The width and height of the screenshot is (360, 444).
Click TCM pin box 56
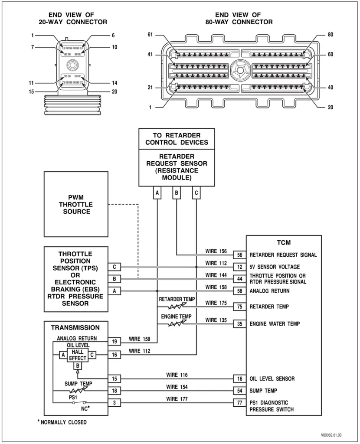coord(239,255)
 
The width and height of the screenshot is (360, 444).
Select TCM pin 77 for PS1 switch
coord(239,403)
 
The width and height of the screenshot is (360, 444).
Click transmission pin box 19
coord(114,342)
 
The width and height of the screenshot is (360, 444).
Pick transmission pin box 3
coord(114,403)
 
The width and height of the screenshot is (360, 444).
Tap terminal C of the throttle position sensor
coord(114,267)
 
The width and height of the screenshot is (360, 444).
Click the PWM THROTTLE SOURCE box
coord(76,204)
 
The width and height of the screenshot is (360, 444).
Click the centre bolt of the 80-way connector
coord(239,69)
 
